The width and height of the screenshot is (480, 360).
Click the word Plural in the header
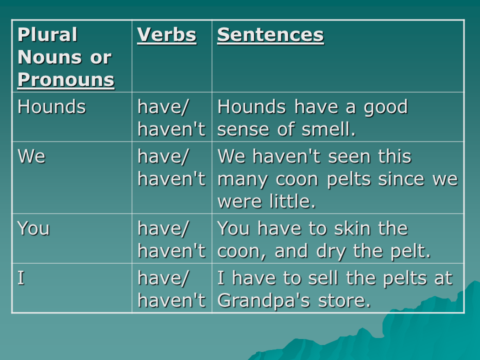tap(47, 34)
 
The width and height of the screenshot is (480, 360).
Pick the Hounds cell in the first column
tap(51, 106)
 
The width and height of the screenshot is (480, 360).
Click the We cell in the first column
tap(31, 156)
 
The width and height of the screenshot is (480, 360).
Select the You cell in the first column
tap(33, 228)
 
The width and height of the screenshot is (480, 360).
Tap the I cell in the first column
tap(21, 278)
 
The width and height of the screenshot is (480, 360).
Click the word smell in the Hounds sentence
tap(328, 129)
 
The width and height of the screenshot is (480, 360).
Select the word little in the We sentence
tap(292, 201)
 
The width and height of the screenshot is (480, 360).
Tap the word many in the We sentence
tap(242, 180)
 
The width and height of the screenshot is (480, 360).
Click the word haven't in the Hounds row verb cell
tap(171, 129)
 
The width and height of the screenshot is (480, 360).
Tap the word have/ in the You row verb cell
tap(163, 229)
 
